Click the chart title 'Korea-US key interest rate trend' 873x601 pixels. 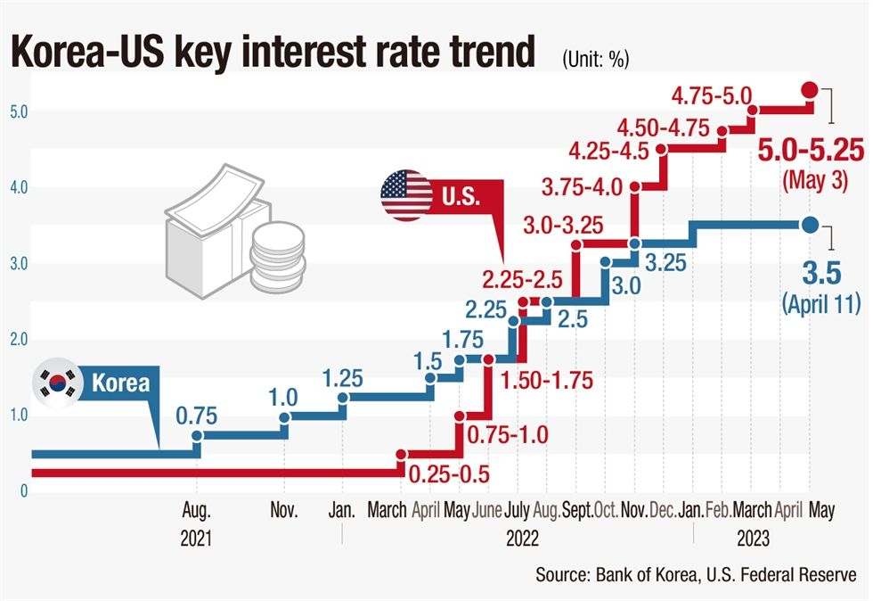pos(273,53)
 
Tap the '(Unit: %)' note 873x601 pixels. pos(596,60)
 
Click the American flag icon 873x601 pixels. pos(406,195)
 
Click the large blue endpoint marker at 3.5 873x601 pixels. pos(810,225)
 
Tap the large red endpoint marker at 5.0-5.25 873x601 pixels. pos(810,89)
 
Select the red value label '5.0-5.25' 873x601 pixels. pos(811,150)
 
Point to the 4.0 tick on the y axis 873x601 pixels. pos(17,187)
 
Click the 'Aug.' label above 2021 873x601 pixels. pos(196,512)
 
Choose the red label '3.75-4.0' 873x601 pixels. pos(583,187)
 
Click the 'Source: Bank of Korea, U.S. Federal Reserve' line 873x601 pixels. pos(696,575)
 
